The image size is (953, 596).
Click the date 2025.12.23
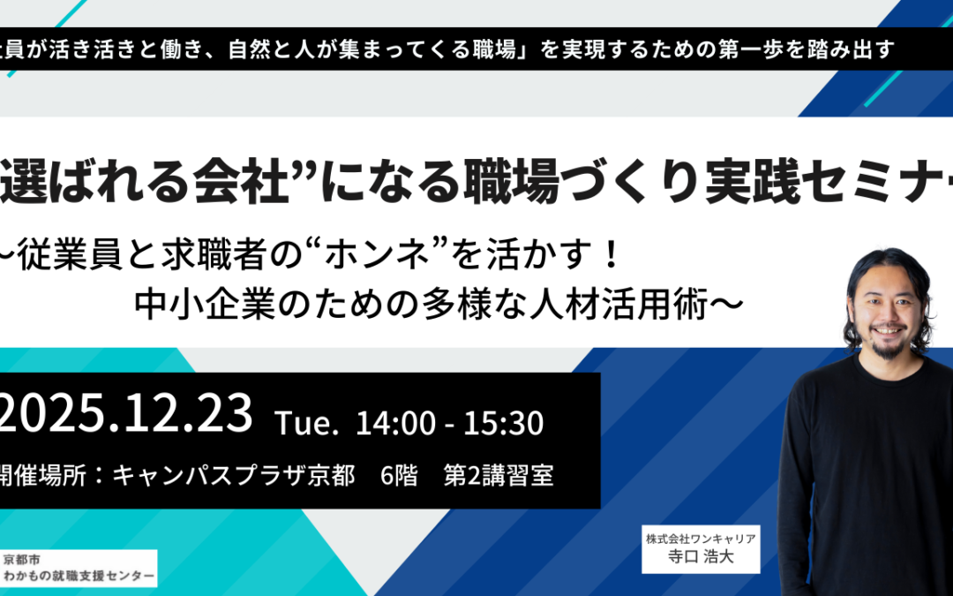(129, 415)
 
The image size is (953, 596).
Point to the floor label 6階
(399, 477)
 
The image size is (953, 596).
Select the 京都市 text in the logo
(23, 560)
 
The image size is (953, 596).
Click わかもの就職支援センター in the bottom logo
(79, 577)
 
